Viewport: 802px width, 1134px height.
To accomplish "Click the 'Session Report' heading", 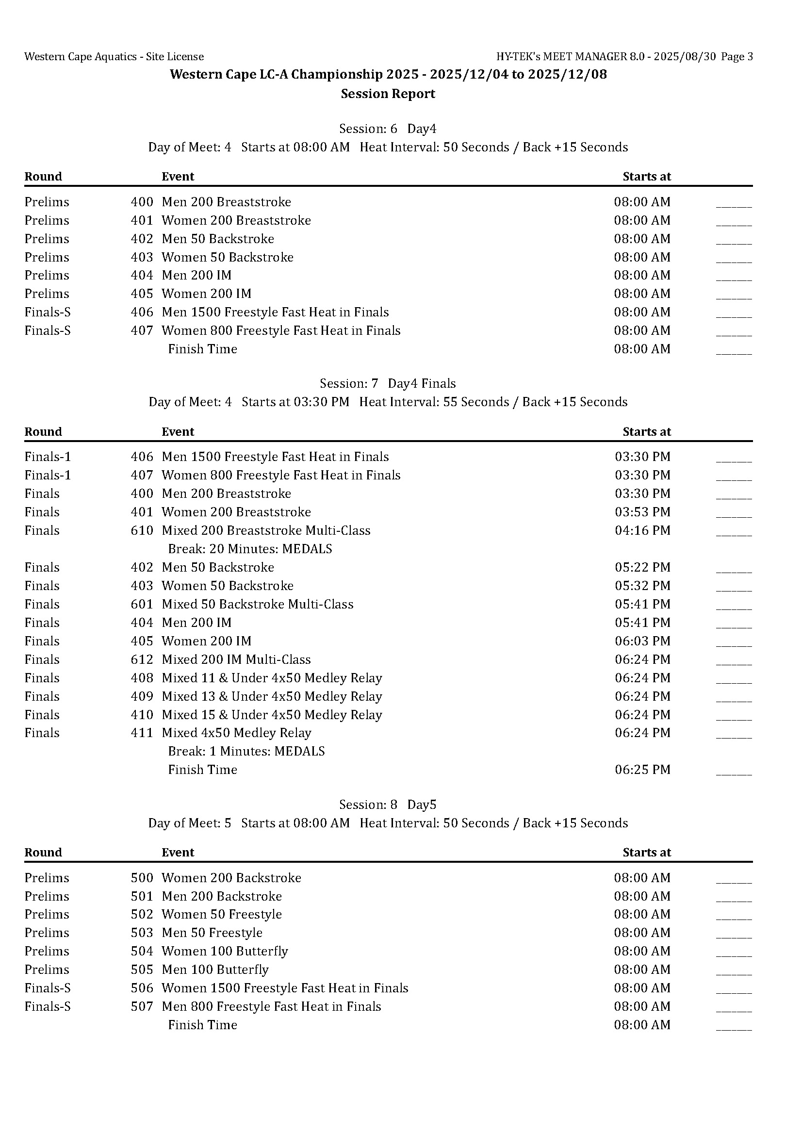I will tap(388, 94).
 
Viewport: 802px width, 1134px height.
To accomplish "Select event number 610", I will tap(142, 530).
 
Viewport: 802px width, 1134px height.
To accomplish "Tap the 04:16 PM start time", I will tap(642, 530).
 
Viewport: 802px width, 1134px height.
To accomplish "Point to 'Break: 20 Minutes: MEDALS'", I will tap(250, 549).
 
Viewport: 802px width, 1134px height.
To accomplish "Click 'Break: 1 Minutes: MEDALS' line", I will tap(246, 751).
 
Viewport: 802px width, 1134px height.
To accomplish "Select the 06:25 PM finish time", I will tap(642, 770).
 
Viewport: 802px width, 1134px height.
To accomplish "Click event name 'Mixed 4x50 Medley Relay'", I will tap(237, 733).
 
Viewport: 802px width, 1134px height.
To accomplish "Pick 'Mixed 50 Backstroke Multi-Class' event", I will tap(257, 604).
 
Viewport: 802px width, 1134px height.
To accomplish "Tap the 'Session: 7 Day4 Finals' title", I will tap(388, 383).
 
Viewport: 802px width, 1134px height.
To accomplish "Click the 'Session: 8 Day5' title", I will tap(388, 805).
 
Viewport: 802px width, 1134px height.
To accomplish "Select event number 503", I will tap(142, 933).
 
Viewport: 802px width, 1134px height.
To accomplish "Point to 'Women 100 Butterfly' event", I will tap(225, 951).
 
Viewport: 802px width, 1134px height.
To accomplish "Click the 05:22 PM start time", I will tap(642, 567).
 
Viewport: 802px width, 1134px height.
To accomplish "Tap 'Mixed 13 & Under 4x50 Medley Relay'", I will tap(272, 696).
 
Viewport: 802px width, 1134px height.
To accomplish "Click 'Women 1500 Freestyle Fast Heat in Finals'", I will tap(285, 988).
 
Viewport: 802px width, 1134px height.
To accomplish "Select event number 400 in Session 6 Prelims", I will tap(142, 202).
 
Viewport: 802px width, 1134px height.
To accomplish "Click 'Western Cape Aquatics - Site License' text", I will tap(114, 57).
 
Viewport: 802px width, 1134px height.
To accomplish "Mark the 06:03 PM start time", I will tap(642, 641).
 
